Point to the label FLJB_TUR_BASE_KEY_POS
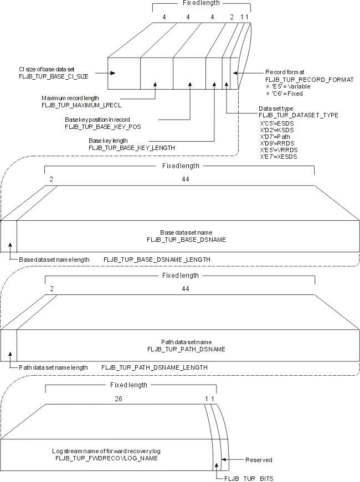point(103,126)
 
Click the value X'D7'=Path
point(275,136)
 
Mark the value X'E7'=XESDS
point(279,157)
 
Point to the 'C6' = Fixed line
point(285,93)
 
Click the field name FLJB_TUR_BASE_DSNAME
point(186,239)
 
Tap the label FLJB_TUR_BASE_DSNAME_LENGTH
point(157,259)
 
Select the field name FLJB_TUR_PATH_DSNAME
point(186,349)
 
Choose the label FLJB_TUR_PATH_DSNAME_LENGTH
point(155,367)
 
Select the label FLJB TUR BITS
point(248,478)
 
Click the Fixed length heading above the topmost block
point(200,3)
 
